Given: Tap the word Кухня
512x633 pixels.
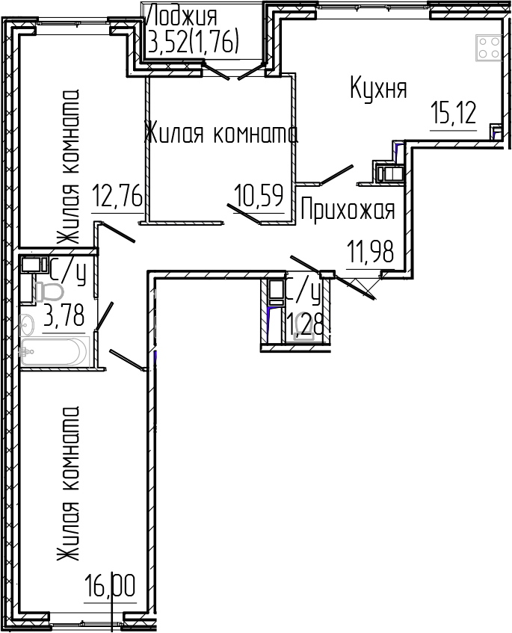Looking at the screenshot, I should [378, 89].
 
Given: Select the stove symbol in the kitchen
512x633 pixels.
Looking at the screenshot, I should [489, 48].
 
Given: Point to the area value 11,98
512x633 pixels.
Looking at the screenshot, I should [371, 251].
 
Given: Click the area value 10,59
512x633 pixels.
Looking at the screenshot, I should [259, 197].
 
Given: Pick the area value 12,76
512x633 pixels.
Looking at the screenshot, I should [117, 197].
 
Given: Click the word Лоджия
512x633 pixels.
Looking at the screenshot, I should [184, 15].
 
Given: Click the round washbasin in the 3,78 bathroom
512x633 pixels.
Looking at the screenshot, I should [28, 325].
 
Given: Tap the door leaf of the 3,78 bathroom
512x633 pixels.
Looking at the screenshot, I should [103, 315].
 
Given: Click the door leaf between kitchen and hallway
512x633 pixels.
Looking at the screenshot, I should [336, 173].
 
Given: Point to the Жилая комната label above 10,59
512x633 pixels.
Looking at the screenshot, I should [220, 134].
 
